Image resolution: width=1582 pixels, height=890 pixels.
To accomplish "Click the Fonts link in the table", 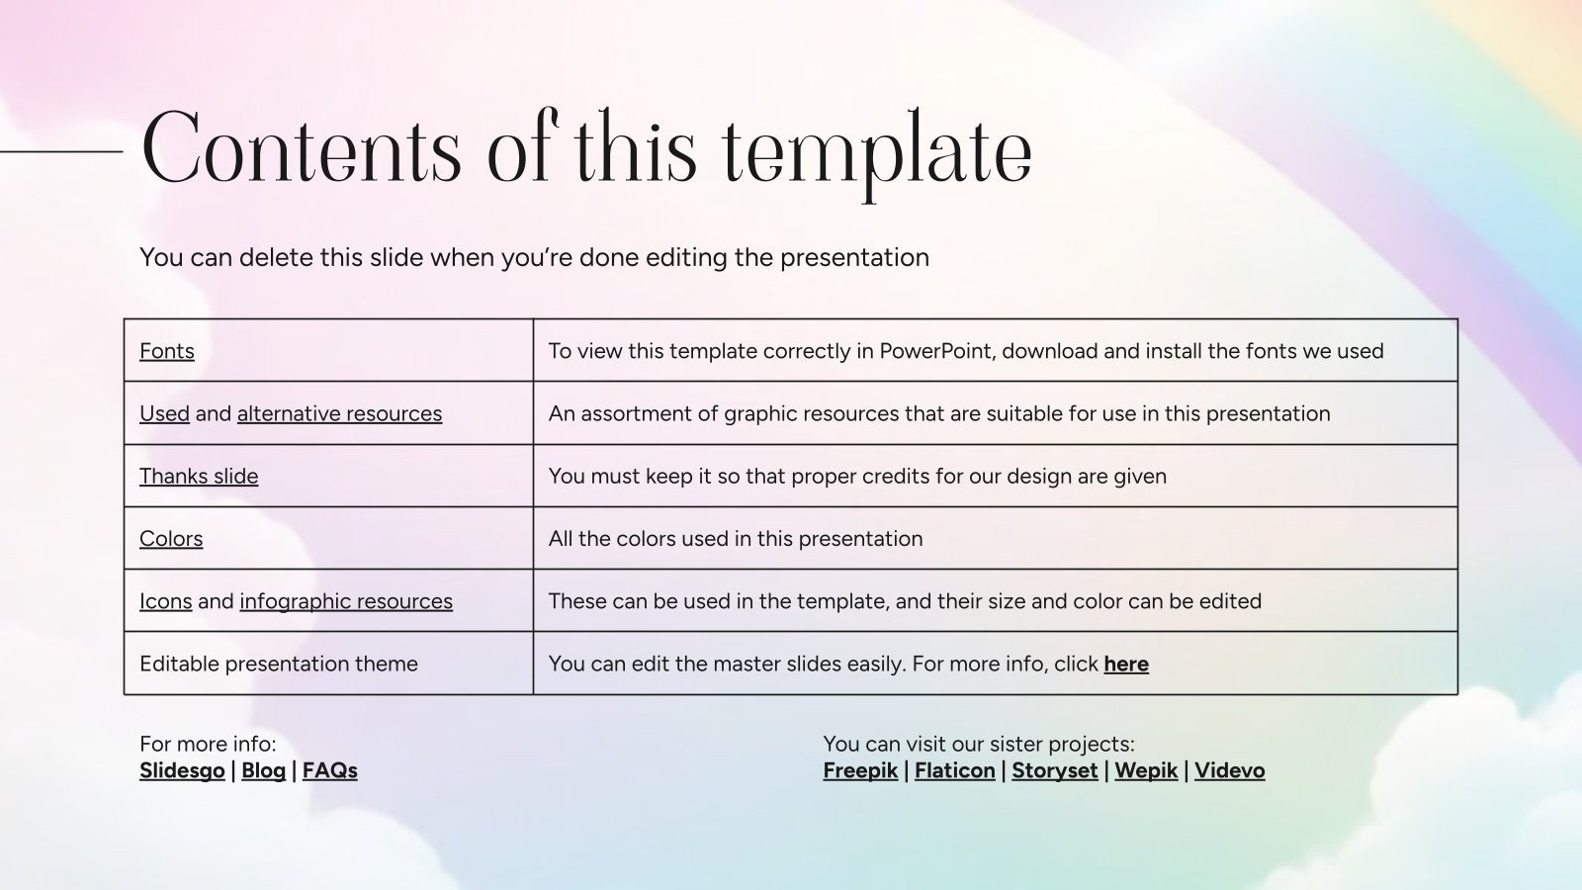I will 166,351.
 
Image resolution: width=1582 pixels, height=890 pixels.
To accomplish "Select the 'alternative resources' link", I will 339,413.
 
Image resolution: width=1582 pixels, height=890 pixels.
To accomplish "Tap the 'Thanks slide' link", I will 199,476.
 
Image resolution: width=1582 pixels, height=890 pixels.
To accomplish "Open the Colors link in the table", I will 171,539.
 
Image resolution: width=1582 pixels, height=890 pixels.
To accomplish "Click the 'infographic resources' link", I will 346,601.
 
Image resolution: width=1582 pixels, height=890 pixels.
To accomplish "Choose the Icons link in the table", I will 165,601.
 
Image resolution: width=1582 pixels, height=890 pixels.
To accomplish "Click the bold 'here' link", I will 1125,664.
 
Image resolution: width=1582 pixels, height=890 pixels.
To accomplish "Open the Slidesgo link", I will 182,770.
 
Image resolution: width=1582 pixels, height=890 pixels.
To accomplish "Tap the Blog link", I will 263,770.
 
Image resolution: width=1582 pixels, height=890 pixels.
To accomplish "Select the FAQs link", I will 329,770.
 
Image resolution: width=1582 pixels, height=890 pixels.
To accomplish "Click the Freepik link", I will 860,770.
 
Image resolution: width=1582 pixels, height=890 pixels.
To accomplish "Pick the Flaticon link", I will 954,770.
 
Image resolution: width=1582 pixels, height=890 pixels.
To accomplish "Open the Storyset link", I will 1054,770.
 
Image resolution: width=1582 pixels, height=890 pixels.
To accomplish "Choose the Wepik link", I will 1145,770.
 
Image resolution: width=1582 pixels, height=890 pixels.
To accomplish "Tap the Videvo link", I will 1229,770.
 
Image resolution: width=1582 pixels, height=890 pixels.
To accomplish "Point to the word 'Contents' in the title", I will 302,150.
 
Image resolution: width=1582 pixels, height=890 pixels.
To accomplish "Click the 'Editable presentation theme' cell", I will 279,664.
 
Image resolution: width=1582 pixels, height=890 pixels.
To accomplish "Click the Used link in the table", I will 164,413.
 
